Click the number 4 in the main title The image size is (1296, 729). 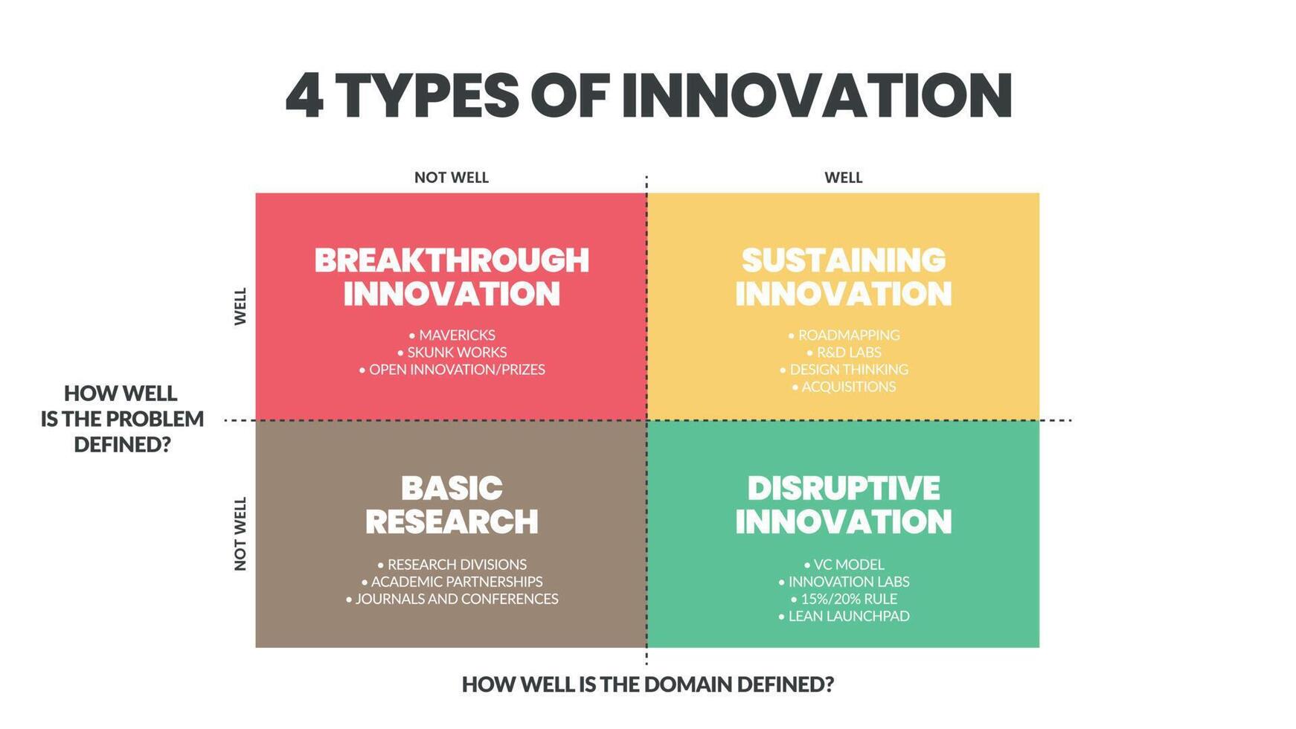(x=304, y=96)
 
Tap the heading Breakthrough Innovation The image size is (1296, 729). (x=452, y=277)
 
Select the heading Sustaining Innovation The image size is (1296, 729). (x=844, y=277)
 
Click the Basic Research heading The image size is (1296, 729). (x=452, y=505)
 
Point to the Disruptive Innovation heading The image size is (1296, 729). (x=844, y=505)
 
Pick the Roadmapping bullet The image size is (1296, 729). (x=844, y=335)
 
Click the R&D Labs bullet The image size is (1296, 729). (x=844, y=353)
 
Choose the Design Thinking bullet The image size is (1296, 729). (x=844, y=370)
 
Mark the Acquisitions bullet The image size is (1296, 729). (x=844, y=387)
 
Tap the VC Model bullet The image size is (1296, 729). (x=844, y=565)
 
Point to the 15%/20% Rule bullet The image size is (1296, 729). (x=844, y=599)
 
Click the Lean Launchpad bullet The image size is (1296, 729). (x=844, y=616)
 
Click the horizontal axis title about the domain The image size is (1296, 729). (x=647, y=684)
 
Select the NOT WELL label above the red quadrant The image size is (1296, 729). (x=451, y=178)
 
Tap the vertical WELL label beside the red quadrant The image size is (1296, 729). (x=240, y=306)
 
